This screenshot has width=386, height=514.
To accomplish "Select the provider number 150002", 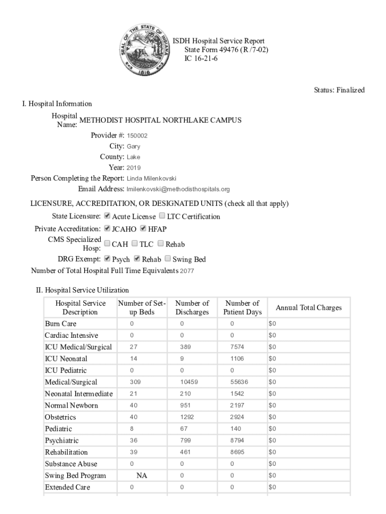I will [137, 136].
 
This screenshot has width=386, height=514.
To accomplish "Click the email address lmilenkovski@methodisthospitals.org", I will [178, 189].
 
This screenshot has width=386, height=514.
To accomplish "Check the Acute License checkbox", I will [107, 216].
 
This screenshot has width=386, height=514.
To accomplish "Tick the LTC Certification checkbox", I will [162, 216].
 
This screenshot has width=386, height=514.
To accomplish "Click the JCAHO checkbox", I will [107, 228].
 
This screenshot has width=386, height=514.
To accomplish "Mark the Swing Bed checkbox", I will [167, 259].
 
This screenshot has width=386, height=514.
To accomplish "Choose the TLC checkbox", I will [134, 243].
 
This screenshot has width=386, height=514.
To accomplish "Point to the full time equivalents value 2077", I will [187, 271].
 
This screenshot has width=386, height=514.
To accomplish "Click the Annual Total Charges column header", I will [309, 308].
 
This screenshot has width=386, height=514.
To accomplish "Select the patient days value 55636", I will [239, 382].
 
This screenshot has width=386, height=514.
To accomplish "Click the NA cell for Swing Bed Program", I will [142, 476].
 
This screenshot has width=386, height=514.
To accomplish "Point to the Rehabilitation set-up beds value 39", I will [133, 452].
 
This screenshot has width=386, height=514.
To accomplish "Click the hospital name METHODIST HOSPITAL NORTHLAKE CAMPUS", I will [160, 120].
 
